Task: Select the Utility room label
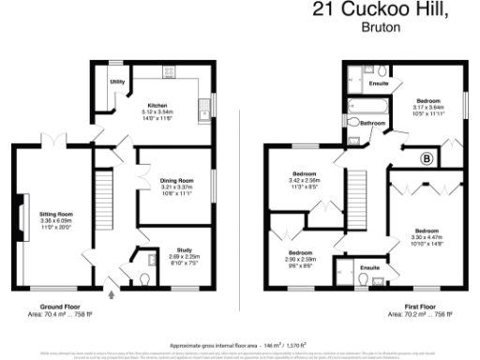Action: (x=117, y=82)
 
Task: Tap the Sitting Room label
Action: (x=55, y=214)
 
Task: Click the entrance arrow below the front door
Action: (x=113, y=294)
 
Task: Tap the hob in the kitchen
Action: (x=171, y=70)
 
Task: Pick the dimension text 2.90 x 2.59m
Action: (x=300, y=259)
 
